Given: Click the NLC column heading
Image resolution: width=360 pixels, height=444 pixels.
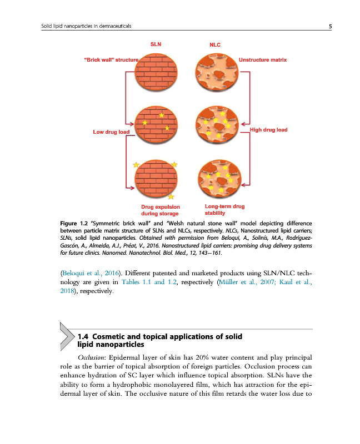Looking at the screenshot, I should pos(215,43).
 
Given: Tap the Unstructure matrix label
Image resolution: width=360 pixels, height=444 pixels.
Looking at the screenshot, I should pos(262,59).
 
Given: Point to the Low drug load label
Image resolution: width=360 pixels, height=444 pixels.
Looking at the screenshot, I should pos(111,132).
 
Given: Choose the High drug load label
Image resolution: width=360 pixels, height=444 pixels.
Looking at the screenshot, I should pos(269,130).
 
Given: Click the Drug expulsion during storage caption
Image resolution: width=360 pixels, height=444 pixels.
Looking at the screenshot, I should pos(161,210).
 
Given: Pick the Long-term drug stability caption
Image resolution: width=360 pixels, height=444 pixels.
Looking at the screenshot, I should pos(221,209).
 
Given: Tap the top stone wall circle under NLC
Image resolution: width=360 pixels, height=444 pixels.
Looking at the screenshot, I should pos(218,71).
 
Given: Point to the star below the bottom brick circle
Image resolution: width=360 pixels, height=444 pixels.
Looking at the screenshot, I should pos(171,196).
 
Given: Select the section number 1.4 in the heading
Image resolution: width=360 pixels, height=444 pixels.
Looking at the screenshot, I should pos(83,336).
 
